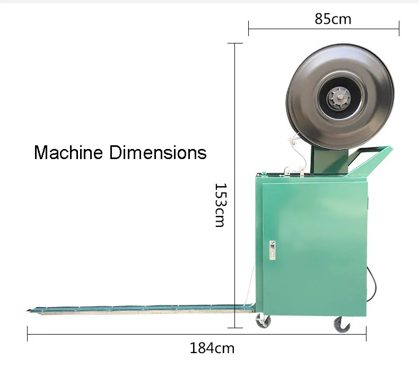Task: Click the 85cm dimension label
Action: (333, 19)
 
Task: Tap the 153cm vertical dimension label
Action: (221, 205)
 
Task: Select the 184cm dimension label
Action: (212, 348)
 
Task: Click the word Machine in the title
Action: (68, 152)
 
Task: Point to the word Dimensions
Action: (158, 152)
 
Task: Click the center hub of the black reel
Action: (340, 97)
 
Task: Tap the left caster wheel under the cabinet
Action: (264, 321)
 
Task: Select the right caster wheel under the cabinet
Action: (342, 325)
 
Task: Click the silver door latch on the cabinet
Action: (272, 250)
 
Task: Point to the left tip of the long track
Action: (27, 310)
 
